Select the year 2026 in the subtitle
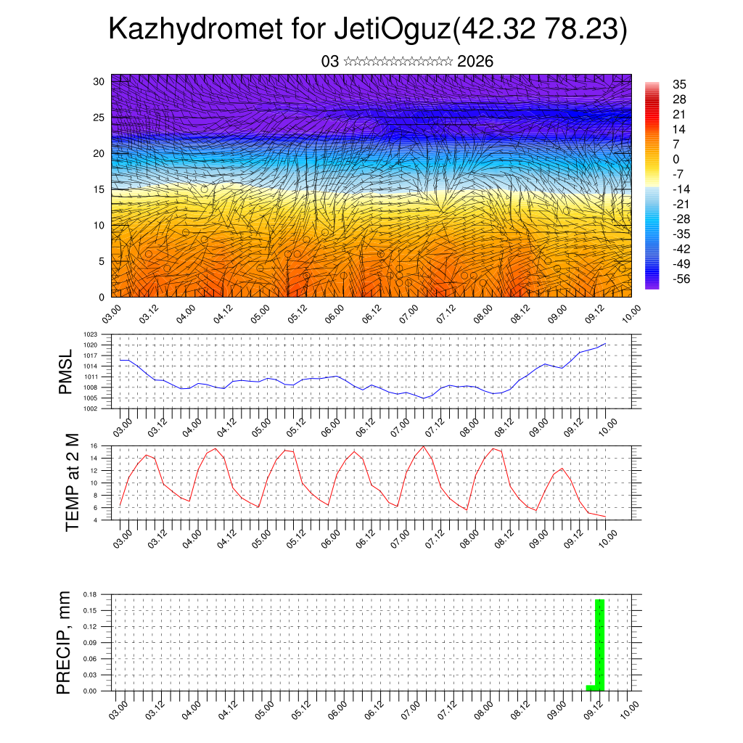click(475, 62)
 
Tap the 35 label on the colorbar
click(679, 84)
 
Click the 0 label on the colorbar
click(676, 159)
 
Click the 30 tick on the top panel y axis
click(99, 81)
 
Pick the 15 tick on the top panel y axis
click(99, 189)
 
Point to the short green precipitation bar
click(591, 687)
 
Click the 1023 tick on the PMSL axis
click(91, 334)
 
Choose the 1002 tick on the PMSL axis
click(91, 409)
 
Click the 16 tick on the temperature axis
click(94, 446)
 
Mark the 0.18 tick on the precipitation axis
click(90, 595)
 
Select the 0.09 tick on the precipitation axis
click(90, 643)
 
